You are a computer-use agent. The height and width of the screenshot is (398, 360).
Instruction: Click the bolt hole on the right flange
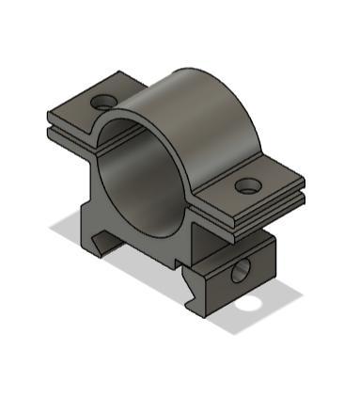[x=247, y=186]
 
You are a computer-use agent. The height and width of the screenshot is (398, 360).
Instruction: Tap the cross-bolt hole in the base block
[x=240, y=273]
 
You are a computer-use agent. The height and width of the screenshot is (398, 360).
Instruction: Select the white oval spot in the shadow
[x=249, y=304]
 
